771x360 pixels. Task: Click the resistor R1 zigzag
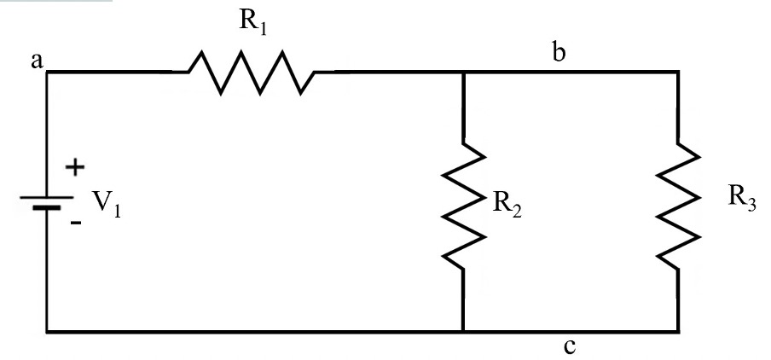click(252, 72)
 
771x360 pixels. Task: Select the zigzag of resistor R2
click(463, 206)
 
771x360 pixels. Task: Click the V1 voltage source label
click(107, 203)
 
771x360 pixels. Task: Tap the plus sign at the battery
click(75, 168)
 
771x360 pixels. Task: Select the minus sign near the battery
click(76, 223)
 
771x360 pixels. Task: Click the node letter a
click(37, 61)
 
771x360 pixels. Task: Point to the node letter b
click(559, 51)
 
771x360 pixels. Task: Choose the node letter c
click(570, 346)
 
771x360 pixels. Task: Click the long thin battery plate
click(47, 197)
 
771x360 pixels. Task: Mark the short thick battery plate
click(47, 207)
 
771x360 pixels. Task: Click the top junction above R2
click(463, 72)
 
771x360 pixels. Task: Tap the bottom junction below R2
click(463, 332)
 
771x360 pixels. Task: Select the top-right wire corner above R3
click(679, 72)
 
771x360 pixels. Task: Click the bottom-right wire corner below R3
click(679, 332)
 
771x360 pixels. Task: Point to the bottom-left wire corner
click(47, 332)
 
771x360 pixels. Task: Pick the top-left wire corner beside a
click(47, 72)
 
